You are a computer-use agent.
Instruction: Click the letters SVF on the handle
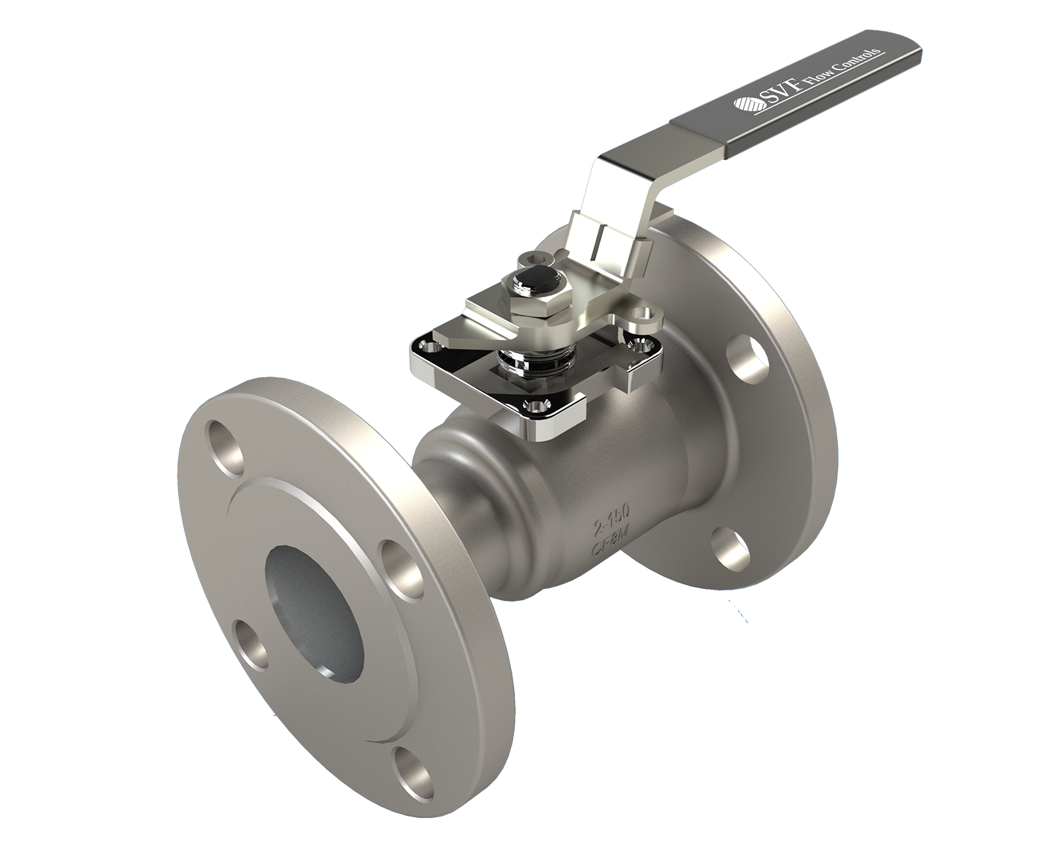click(x=780, y=93)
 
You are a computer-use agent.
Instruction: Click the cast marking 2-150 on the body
click(x=612, y=519)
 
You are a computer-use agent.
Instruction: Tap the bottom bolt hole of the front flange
click(x=412, y=772)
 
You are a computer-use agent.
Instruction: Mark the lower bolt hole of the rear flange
click(x=731, y=549)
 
